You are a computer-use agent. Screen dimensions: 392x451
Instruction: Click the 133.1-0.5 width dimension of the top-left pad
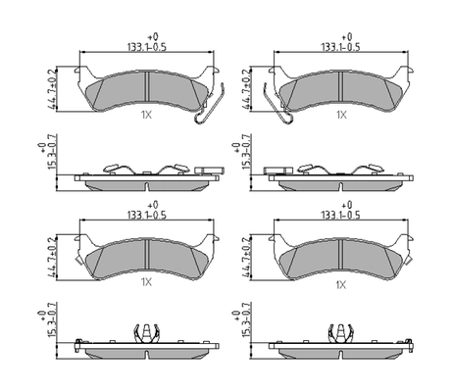pyautogui.click(x=147, y=46)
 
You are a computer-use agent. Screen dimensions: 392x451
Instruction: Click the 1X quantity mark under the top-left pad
pyautogui.click(x=147, y=115)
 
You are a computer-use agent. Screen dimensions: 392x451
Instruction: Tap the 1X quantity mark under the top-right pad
pyautogui.click(x=342, y=115)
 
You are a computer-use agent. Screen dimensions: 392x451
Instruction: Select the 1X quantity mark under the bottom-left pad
pyautogui.click(x=147, y=283)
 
